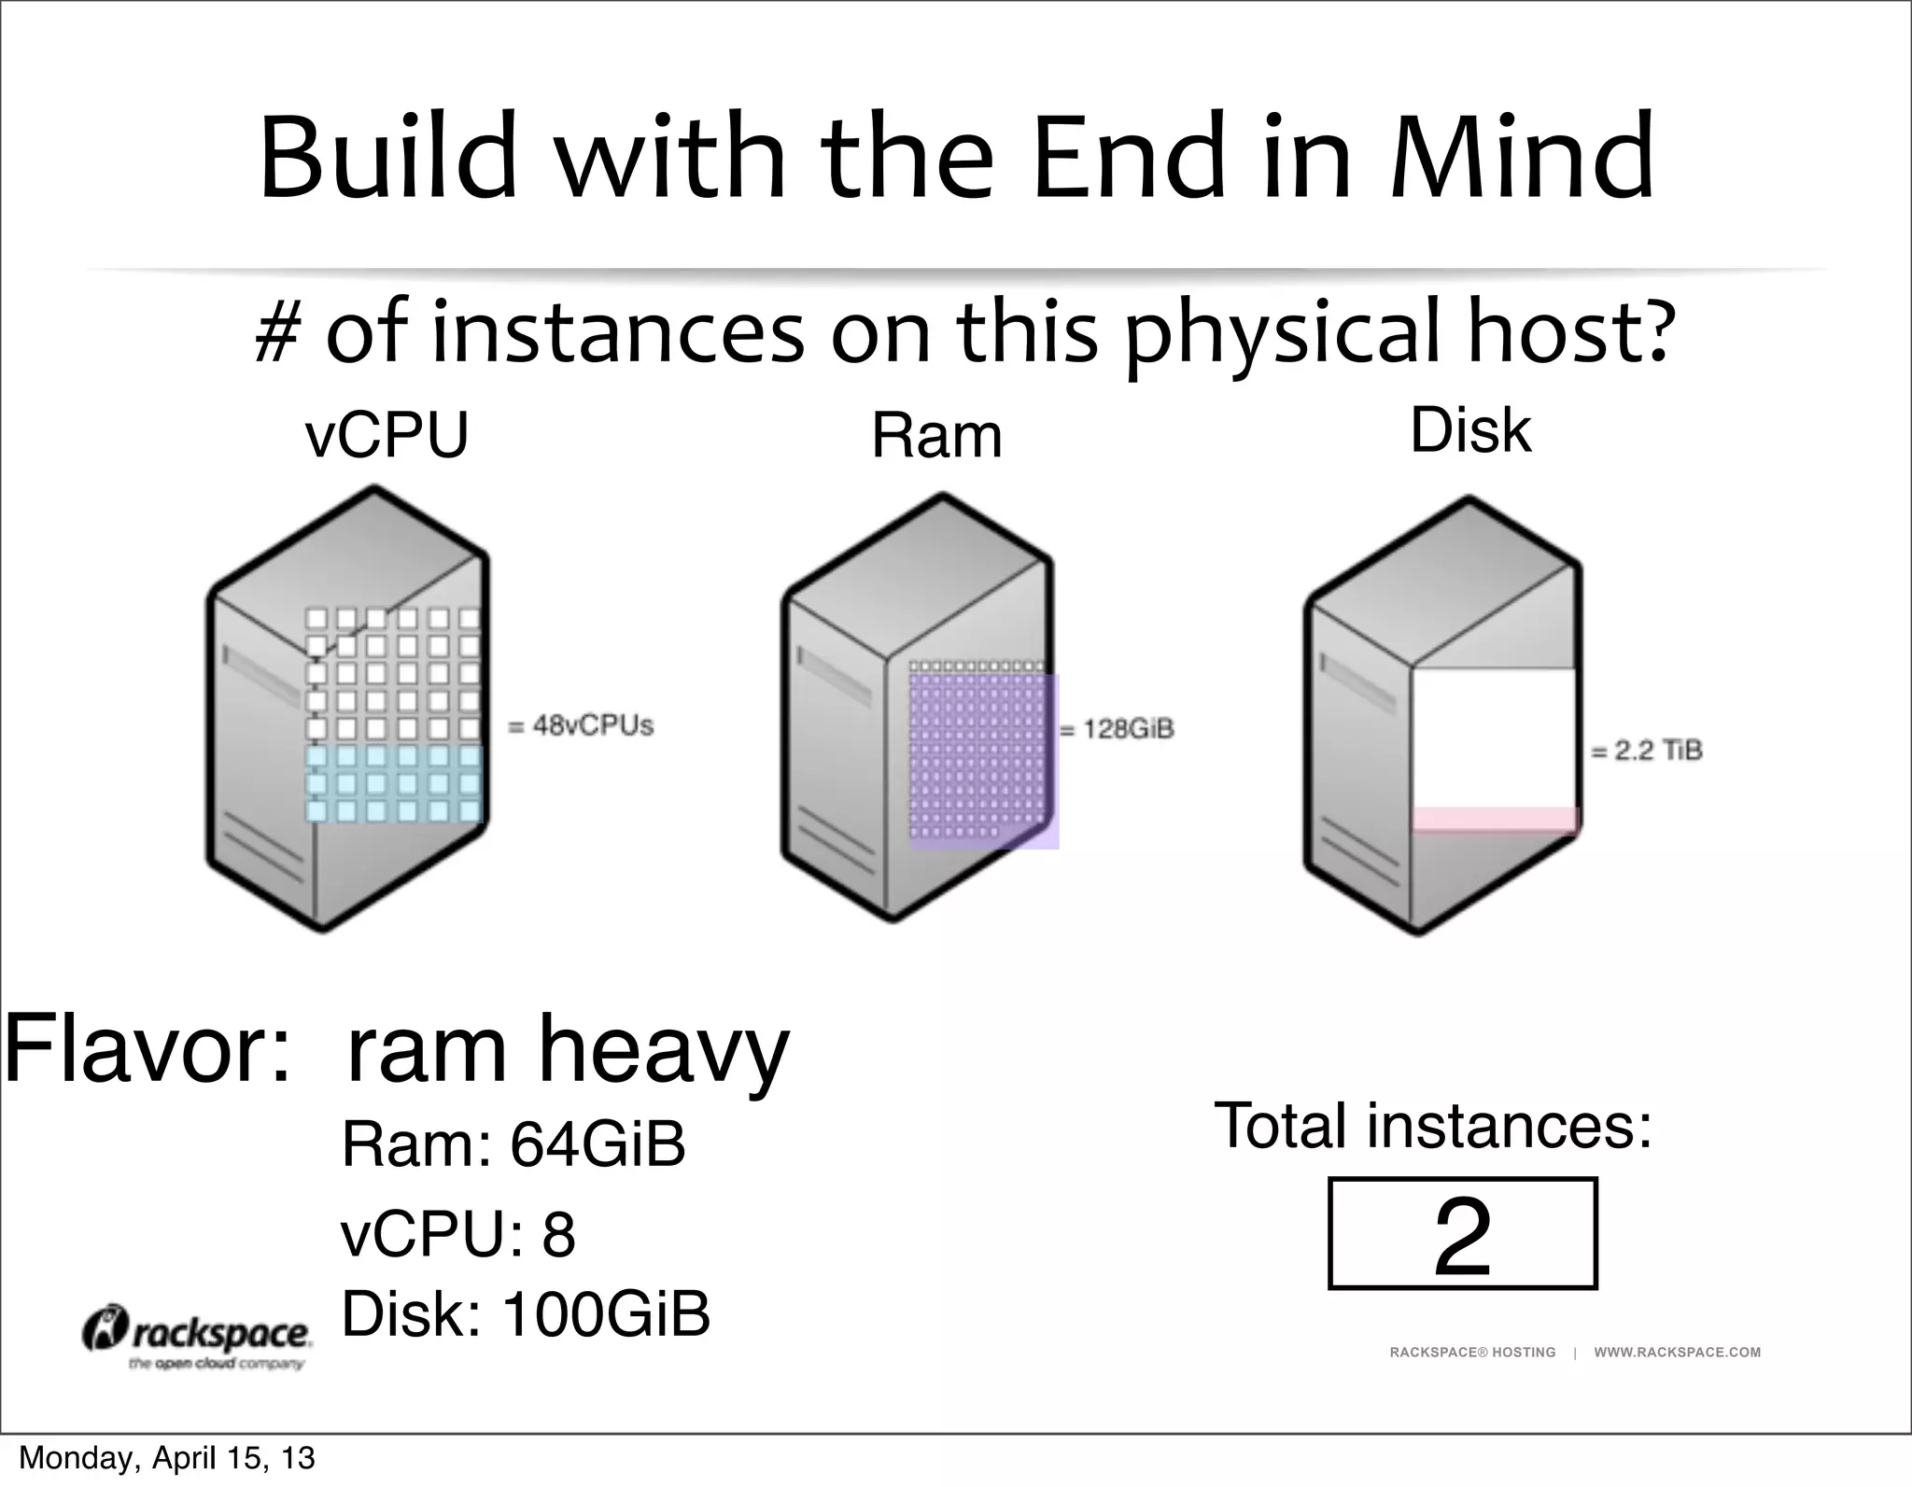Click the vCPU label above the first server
(x=387, y=436)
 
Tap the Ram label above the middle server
(x=936, y=436)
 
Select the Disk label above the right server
(x=1470, y=430)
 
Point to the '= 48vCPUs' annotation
(x=581, y=725)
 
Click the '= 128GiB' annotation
(x=1118, y=729)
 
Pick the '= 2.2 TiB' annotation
(x=1647, y=751)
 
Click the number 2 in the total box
(x=1462, y=1237)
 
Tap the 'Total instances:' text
(x=1433, y=1126)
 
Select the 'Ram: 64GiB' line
(x=513, y=1144)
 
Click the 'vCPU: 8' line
(x=457, y=1234)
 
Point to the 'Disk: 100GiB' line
(x=526, y=1314)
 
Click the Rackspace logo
(x=198, y=1337)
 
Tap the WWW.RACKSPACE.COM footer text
(x=1677, y=1352)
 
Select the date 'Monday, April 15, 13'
(x=167, y=1458)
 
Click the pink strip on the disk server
(x=1494, y=820)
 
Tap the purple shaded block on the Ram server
(x=984, y=761)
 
